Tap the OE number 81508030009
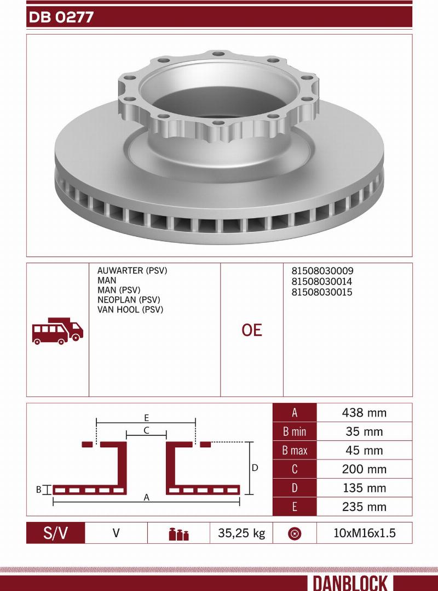322,271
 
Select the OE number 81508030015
322,292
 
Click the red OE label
252,330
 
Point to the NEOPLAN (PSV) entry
128,300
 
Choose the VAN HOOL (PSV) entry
130,310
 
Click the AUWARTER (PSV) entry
132,271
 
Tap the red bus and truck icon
57,331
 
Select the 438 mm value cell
365,413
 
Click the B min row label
295,432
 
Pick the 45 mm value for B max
365,451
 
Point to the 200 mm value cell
365,469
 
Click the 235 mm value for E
365,507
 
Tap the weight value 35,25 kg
241,533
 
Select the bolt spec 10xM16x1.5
364,533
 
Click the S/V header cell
56,533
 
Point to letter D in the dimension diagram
255,468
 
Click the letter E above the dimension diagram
147,417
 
